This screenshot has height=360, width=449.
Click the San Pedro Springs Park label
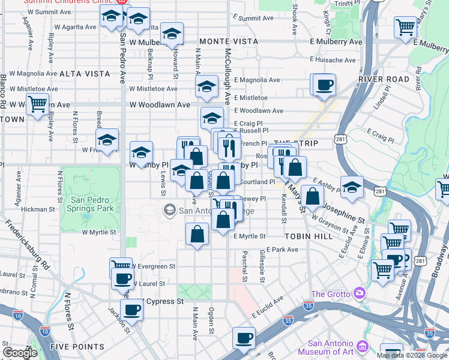92,204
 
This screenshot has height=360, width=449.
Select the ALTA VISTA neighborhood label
85,74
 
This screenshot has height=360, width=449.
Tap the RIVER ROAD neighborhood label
384,79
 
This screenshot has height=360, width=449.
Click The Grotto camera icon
360,293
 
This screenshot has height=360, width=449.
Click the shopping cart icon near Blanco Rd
37,104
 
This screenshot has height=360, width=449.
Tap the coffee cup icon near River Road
324,85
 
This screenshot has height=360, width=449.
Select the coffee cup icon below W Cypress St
131,310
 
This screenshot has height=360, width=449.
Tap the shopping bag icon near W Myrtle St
197,234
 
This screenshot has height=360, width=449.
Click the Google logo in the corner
20,353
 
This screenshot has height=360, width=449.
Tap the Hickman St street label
38,210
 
